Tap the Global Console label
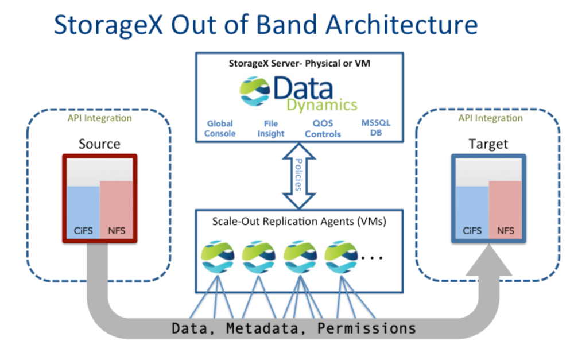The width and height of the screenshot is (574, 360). click(221, 129)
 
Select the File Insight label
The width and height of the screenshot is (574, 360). click(270, 129)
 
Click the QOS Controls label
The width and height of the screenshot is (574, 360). click(323, 129)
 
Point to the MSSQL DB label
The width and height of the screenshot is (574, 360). click(375, 129)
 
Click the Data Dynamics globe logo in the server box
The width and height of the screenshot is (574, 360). click(255, 91)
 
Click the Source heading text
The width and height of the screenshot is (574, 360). click(99, 143)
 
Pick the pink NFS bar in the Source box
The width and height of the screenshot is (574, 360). click(116, 209)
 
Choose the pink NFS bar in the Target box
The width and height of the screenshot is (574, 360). click(505, 209)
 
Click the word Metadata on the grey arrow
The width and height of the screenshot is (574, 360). click(266, 328)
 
